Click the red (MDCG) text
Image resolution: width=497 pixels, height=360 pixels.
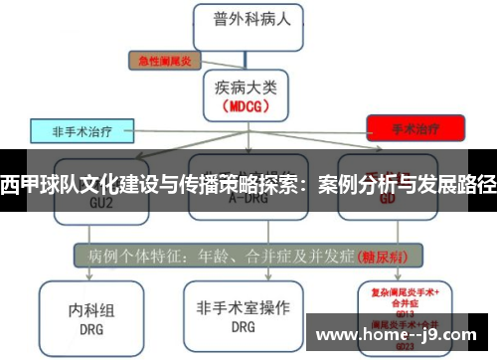[x=245, y=104]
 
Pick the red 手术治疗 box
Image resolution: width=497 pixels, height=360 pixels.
[x=415, y=127]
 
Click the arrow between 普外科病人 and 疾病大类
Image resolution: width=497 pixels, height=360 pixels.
[x=245, y=56]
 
